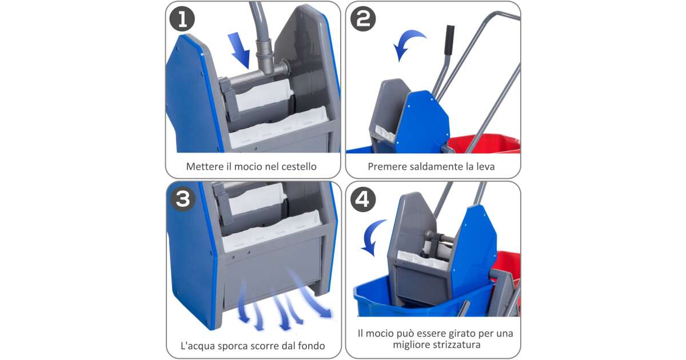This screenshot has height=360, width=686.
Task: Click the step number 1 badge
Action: (182, 19)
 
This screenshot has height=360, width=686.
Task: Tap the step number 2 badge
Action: (363, 19)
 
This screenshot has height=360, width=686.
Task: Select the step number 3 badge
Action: (183, 199)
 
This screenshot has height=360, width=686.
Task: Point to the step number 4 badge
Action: (363, 199)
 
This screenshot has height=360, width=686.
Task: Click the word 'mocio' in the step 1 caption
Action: (248, 166)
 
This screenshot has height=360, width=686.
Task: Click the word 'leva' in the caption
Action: (485, 166)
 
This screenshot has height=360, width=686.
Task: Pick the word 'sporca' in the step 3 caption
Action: (233, 346)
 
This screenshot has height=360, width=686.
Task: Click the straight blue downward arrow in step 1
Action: (240, 50)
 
